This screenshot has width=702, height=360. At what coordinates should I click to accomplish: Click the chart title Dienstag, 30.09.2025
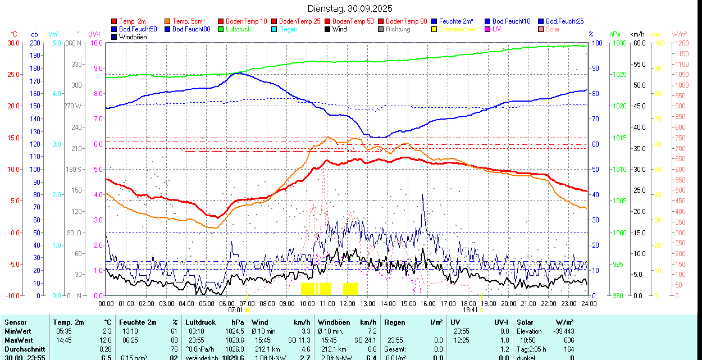click(x=350, y=8)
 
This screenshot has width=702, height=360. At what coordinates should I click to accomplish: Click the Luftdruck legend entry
click(x=238, y=29)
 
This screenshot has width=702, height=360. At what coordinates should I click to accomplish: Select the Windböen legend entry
click(x=132, y=37)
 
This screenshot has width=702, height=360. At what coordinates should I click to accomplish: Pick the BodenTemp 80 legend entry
click(x=406, y=21)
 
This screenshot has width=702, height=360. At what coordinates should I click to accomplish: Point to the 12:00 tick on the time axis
click(x=348, y=304)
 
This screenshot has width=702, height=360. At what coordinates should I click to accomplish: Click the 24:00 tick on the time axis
click(x=589, y=304)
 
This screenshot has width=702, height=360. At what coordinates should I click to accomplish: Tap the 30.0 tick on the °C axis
click(x=13, y=43)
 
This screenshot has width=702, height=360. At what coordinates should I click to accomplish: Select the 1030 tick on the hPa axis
click(x=618, y=43)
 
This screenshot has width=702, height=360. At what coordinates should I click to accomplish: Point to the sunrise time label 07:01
click(x=235, y=310)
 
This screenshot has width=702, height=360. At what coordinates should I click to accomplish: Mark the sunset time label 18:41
click(x=470, y=310)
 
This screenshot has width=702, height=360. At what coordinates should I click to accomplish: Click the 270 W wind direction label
click(x=74, y=106)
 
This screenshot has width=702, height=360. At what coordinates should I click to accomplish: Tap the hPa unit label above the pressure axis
click(x=614, y=34)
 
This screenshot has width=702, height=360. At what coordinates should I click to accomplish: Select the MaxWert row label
click(x=19, y=340)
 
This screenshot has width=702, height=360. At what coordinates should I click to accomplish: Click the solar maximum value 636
click(x=568, y=340)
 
